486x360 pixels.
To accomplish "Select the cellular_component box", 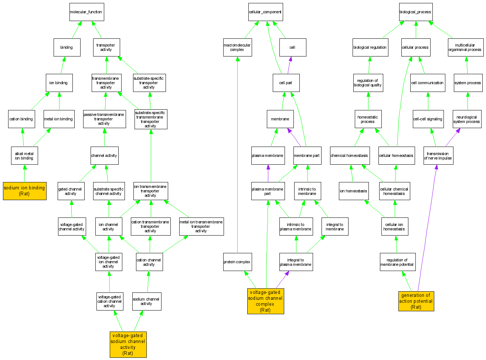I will tap(265, 12).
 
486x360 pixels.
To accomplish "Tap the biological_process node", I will tap(415, 12).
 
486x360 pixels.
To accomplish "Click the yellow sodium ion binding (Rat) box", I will tap(24, 191).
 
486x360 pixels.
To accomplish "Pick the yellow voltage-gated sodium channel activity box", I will tap(128, 344).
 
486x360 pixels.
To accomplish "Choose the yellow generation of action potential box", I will tap(416, 301).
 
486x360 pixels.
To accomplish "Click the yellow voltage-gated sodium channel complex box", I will tap(265, 301).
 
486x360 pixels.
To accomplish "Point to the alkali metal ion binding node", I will tap(24, 156).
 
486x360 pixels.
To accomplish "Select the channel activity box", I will tap(104, 156).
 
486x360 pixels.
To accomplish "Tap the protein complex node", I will tap(237, 262).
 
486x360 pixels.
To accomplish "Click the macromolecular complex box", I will tap(237, 48).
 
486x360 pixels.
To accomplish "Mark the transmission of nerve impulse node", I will tap(438, 156).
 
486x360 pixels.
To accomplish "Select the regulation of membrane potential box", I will tap(397, 262).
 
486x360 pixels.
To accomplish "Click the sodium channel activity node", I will tap(147, 301).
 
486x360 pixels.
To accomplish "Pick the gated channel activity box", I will tap(71, 191).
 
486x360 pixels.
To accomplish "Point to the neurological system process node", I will tap(467, 119).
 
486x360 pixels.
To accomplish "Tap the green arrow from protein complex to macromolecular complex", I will tap(237, 155).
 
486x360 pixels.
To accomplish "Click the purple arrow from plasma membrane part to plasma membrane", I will tap(268, 174).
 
